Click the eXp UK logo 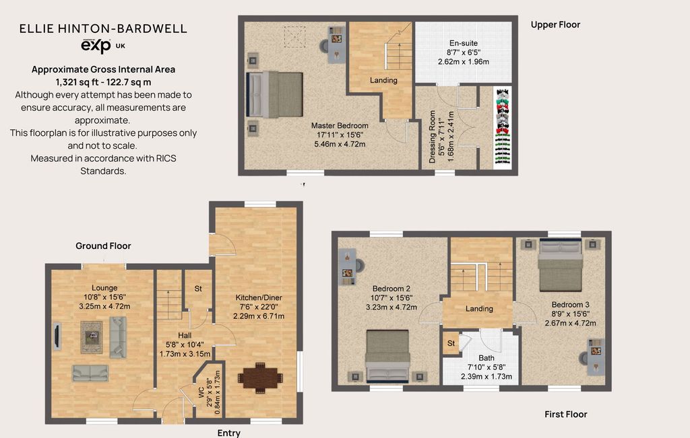(103, 46)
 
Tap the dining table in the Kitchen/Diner (260, 378)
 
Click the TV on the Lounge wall (57, 336)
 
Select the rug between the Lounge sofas (92, 337)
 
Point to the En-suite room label (464, 43)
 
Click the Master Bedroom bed (275, 94)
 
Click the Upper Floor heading (555, 25)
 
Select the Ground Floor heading (103, 246)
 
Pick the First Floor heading (566, 414)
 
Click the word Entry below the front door (229, 433)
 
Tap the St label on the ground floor (198, 289)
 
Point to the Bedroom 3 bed (561, 265)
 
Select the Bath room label (487, 358)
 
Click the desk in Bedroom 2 (347, 267)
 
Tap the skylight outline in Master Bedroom (295, 37)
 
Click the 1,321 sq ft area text (103, 82)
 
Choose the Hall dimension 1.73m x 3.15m (185, 354)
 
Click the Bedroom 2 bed (387, 356)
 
